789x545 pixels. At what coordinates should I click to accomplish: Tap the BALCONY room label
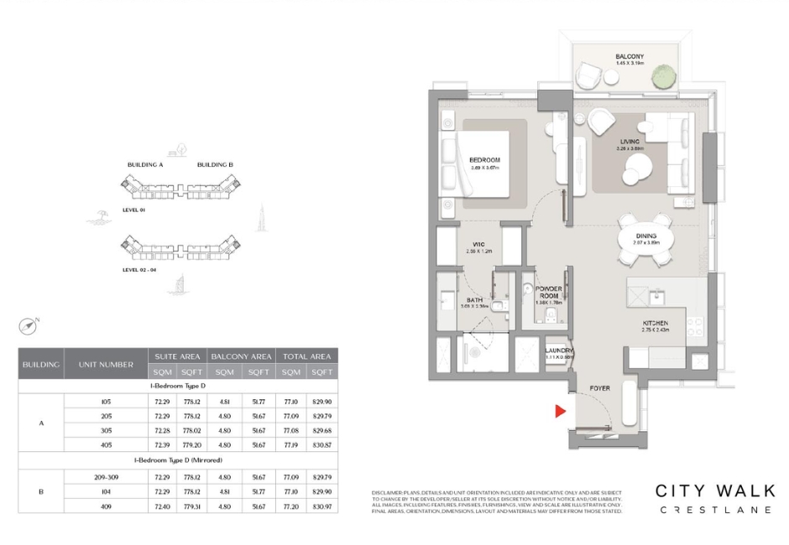(630, 57)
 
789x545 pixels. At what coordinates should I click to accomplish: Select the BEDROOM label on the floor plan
(484, 160)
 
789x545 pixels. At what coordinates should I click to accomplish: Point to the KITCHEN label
(655, 323)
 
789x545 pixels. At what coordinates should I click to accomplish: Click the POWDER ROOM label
(550, 293)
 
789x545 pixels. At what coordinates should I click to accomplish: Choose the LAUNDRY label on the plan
(559, 351)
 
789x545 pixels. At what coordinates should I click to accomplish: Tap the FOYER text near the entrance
(599, 388)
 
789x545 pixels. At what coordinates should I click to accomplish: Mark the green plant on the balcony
(664, 76)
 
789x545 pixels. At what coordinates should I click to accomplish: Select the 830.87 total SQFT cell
(320, 444)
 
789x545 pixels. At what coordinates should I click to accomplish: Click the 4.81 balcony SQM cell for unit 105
(224, 402)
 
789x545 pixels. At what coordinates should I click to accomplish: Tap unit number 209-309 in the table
(105, 477)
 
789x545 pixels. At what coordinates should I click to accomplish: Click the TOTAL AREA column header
(306, 356)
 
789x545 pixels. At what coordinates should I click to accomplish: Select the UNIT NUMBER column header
(105, 365)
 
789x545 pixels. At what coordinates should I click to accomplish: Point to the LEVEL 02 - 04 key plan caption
(140, 270)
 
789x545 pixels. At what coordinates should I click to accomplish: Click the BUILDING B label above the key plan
(215, 165)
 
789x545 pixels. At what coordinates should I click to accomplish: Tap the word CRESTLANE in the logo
(715, 510)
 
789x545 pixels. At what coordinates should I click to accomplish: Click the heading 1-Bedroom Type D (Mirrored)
(178, 461)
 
